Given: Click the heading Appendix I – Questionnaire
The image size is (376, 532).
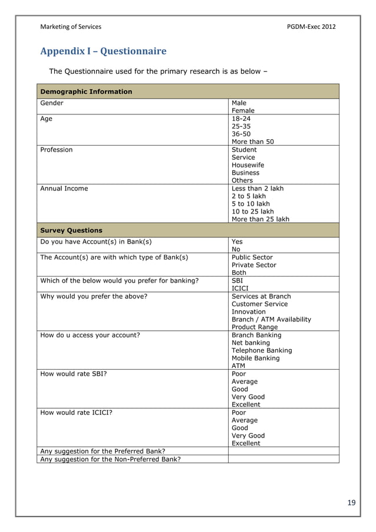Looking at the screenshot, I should pyautogui.click(x=103, y=51).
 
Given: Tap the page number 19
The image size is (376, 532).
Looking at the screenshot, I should pyautogui.click(x=351, y=503).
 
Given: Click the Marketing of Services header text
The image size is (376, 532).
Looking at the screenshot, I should pyautogui.click(x=71, y=27).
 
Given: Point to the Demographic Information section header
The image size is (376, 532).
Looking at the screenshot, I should pyautogui.click(x=86, y=91).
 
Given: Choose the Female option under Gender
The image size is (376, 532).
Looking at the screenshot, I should pyautogui.click(x=243, y=110).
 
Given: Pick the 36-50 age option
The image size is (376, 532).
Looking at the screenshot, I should pyautogui.click(x=241, y=134).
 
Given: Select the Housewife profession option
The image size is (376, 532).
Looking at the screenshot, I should pyautogui.click(x=248, y=165).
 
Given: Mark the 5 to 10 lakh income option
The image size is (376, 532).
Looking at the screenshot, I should pyautogui.click(x=250, y=204).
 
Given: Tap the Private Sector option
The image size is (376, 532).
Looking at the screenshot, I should pyautogui.click(x=253, y=265).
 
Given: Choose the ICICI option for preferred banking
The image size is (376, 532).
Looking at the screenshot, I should pyautogui.click(x=240, y=288).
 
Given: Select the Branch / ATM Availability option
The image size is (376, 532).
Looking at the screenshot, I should pyautogui.click(x=271, y=319).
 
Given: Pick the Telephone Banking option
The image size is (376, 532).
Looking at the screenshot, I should pyautogui.click(x=262, y=350).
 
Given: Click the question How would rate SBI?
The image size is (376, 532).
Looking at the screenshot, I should pyautogui.click(x=73, y=374).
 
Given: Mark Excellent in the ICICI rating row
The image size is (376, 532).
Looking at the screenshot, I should pyautogui.click(x=246, y=443).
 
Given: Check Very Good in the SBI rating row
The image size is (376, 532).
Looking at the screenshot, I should pyautogui.click(x=248, y=397).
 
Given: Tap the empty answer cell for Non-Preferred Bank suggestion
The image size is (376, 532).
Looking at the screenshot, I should pyautogui.click(x=283, y=459).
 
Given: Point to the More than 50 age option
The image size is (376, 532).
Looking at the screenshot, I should pyautogui.click(x=252, y=142).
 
